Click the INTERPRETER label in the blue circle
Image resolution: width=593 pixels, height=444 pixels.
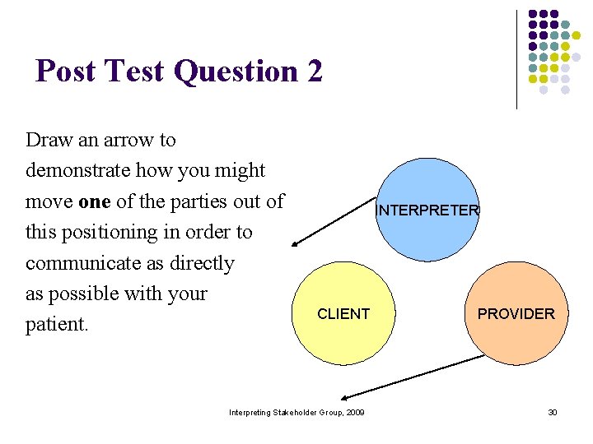point(427,210)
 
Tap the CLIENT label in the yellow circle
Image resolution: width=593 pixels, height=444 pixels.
point(343,314)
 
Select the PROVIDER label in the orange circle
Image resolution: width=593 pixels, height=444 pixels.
point(516,314)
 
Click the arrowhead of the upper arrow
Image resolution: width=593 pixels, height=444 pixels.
point(297,243)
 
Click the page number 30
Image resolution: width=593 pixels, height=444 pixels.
point(553,412)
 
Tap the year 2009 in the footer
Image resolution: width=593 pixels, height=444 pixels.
point(356,412)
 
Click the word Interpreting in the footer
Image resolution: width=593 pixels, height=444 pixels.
point(248,412)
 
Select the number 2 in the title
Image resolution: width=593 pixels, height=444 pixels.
point(315,72)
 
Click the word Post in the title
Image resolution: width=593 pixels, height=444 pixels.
point(66,72)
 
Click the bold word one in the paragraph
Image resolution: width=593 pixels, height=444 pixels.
point(94,201)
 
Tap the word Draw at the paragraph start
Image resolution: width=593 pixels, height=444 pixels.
point(49,140)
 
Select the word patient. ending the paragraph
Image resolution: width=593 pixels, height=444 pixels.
point(57,325)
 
